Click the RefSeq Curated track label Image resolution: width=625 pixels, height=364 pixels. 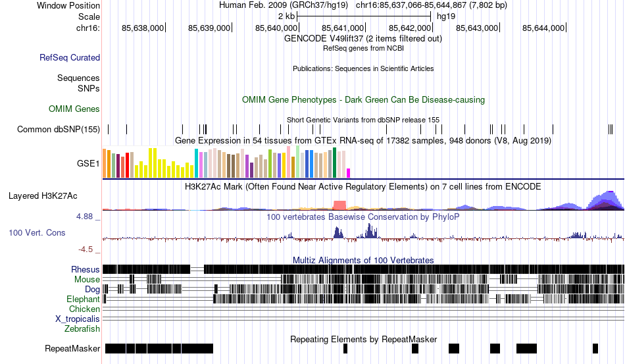pos(70,58)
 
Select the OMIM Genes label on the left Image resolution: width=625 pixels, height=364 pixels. pos(74,109)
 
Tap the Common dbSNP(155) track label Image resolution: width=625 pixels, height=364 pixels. pos(58,130)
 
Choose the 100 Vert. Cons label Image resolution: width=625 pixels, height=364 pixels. pos(37,232)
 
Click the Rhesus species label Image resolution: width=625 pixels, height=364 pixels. pos(86,269)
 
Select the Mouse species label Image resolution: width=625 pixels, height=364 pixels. pos(87,279)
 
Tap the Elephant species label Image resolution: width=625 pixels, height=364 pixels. pos(83,299)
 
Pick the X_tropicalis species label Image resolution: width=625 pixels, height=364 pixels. pos(78,319)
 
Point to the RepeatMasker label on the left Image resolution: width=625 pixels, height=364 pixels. pos(72,348)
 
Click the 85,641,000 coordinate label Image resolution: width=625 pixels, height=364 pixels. pos(343,28)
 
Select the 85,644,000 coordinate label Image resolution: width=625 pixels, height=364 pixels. pos(543,28)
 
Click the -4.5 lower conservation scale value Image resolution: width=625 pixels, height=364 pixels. pos(88,249)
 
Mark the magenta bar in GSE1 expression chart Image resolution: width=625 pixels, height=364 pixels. pos(349,173)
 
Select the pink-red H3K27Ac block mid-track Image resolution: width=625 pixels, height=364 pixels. pos(339,205)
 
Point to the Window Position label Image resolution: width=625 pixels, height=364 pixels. pos(68,5)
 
